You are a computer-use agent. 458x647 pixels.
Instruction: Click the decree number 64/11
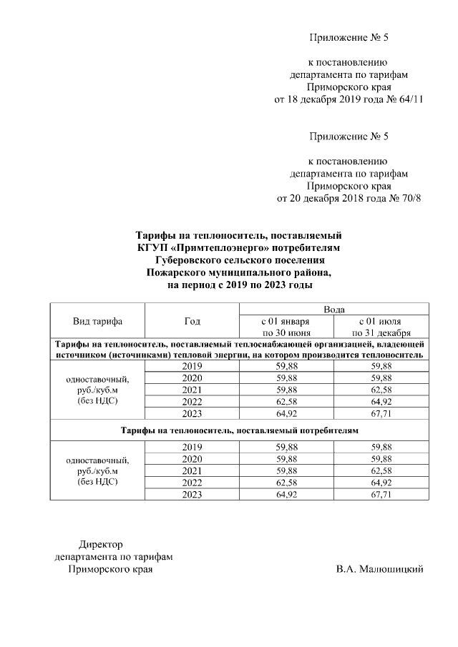(x=410, y=99)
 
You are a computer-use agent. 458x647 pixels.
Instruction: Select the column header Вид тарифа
(x=97, y=321)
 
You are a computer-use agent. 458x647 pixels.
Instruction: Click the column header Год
(x=192, y=321)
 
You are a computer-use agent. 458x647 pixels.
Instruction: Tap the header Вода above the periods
(x=334, y=309)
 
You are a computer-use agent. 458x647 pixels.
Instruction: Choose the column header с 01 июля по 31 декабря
(x=381, y=327)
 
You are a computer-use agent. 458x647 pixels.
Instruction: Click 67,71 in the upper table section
(x=381, y=413)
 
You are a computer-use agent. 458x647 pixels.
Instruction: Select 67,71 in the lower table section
(x=381, y=494)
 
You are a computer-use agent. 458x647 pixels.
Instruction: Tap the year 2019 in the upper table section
(x=192, y=365)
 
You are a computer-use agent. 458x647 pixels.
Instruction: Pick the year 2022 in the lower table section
(x=192, y=483)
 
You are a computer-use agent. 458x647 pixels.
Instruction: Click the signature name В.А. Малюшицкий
(x=379, y=569)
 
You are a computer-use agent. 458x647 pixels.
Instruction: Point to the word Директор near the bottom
(x=100, y=544)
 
